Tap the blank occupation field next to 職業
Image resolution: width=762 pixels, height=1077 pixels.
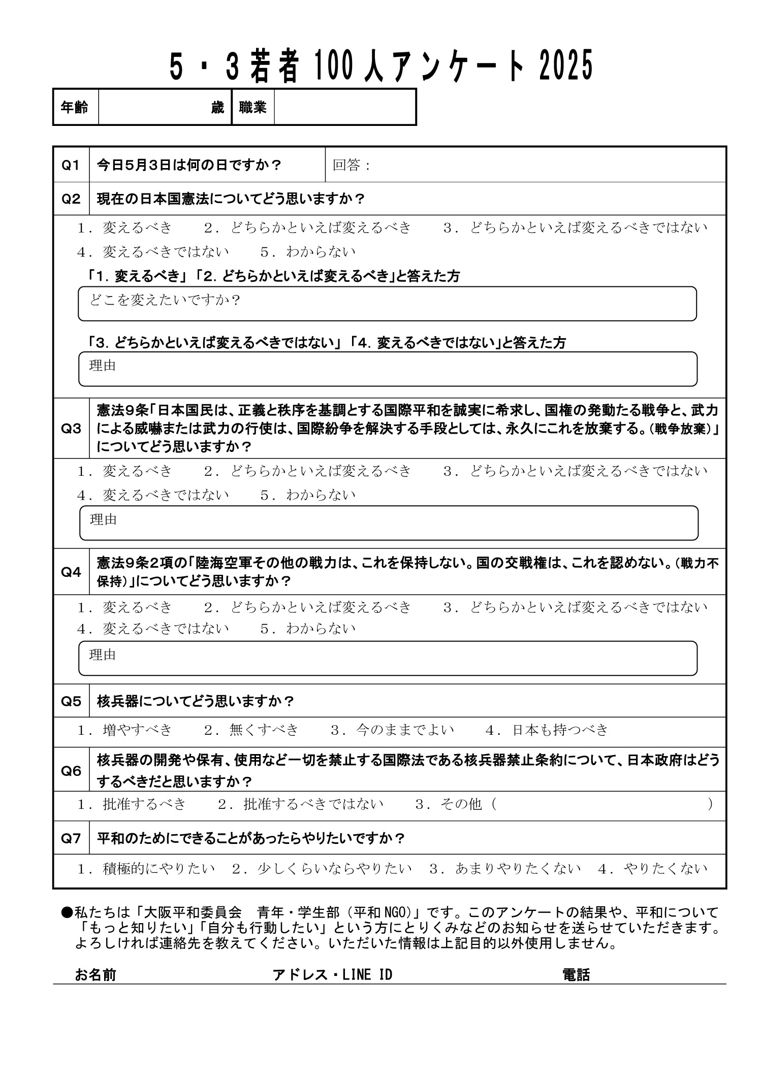click(x=344, y=107)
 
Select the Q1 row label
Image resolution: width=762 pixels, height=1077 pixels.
click(x=71, y=165)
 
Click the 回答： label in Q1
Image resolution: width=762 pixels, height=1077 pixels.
click(x=352, y=166)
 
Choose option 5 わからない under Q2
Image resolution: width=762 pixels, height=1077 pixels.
click(x=308, y=252)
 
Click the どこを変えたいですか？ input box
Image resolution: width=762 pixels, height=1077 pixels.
click(x=387, y=304)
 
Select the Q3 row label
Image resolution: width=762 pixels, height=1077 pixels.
click(x=71, y=429)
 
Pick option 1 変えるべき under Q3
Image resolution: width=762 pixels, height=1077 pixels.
click(x=125, y=471)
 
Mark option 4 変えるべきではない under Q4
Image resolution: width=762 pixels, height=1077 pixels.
click(x=153, y=629)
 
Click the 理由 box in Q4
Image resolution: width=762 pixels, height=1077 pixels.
click(x=387, y=658)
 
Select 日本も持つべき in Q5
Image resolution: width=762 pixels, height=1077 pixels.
click(x=547, y=730)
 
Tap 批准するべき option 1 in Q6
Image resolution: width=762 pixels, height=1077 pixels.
click(x=132, y=804)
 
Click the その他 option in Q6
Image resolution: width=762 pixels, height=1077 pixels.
click(x=448, y=804)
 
